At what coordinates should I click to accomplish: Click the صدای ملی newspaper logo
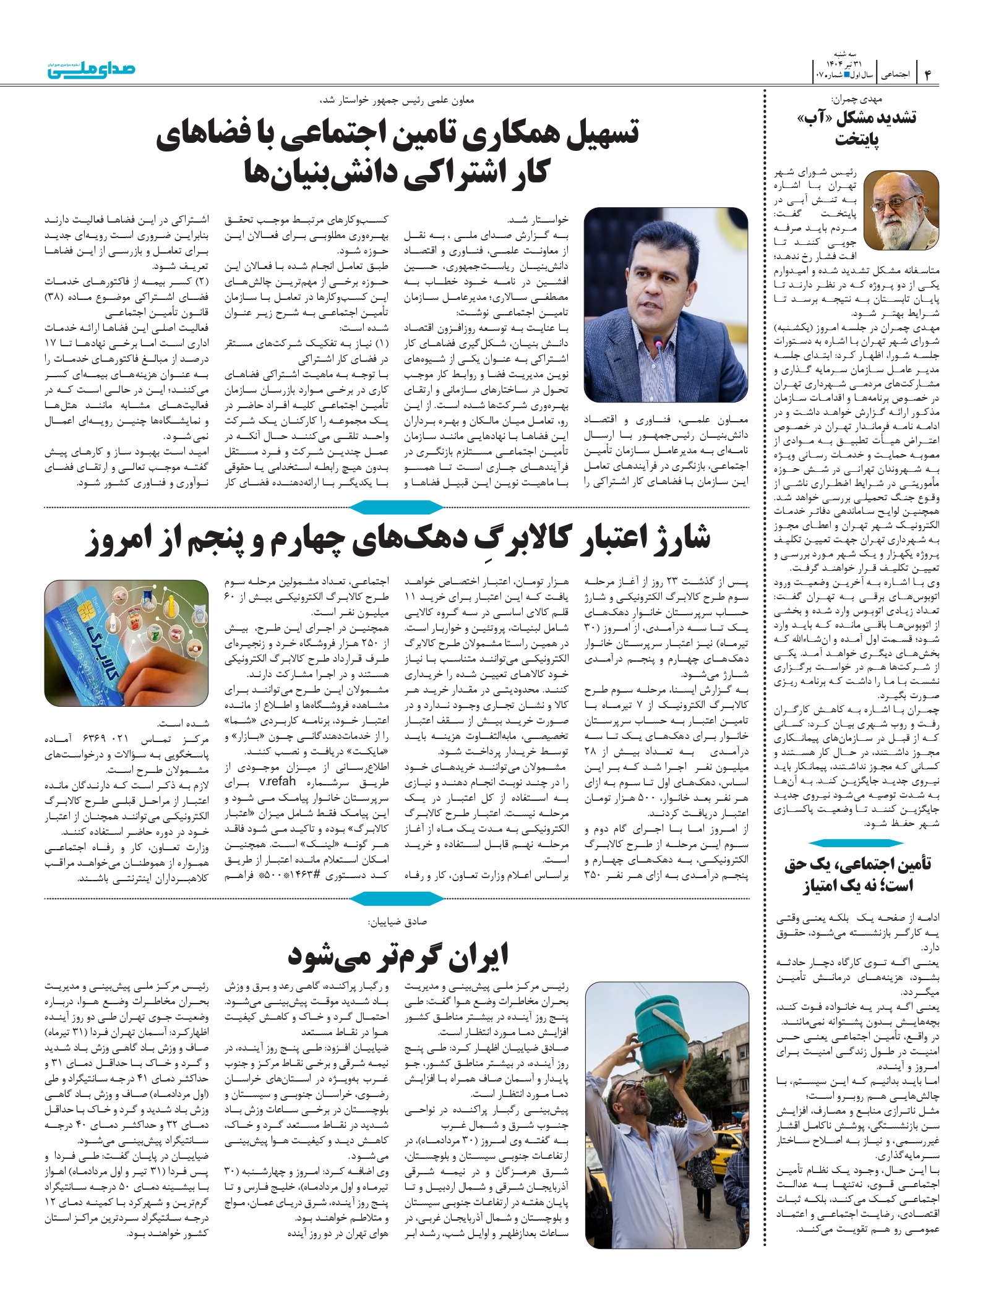coord(92,70)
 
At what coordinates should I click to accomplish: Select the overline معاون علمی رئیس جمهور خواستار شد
coord(396,100)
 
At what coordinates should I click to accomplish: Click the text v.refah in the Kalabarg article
coord(280,782)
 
